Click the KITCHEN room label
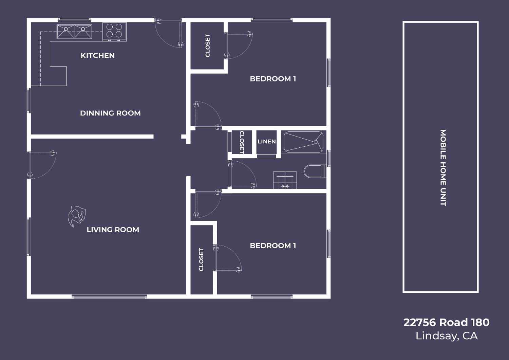point(98,55)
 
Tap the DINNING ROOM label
point(110,113)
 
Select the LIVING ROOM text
point(113,230)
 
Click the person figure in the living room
point(77,216)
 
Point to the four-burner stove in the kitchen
point(114,32)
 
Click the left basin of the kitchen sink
point(65,32)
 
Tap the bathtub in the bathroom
point(304,142)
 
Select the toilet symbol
point(315,171)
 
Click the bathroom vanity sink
point(285,180)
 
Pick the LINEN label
point(266,142)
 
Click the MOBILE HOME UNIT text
point(443,168)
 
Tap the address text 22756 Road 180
point(446,323)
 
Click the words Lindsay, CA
point(447,336)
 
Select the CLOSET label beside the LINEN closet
point(242,142)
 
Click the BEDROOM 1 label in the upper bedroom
point(273,79)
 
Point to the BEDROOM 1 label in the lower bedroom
point(273,246)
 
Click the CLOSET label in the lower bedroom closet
point(201,260)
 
